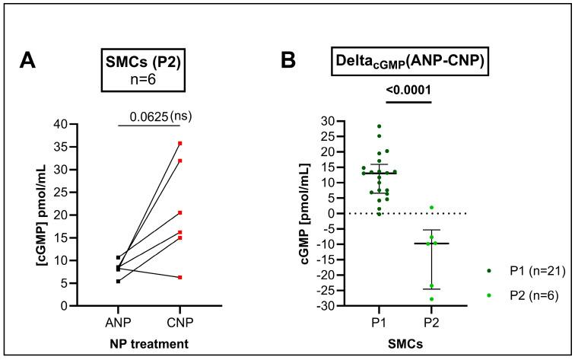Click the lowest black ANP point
116,282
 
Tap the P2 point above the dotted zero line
430,208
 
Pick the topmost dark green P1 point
378,126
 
